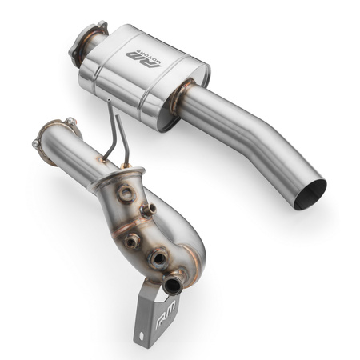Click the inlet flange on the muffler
[x=89, y=39]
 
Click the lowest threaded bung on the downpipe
[x=159, y=257]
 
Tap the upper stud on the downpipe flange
[x=70, y=122]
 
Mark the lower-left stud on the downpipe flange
[x=36, y=145]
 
